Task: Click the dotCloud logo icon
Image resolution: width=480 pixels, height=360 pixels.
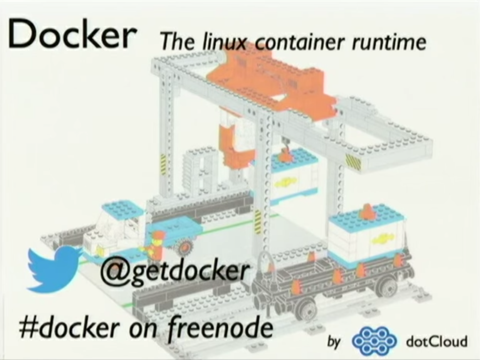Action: pos(374,341)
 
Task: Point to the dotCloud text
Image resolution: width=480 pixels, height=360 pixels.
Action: pos(436,341)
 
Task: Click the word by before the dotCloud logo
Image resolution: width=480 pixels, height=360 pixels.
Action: pos(334,342)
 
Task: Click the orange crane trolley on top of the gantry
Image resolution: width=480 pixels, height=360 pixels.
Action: pos(270,77)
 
